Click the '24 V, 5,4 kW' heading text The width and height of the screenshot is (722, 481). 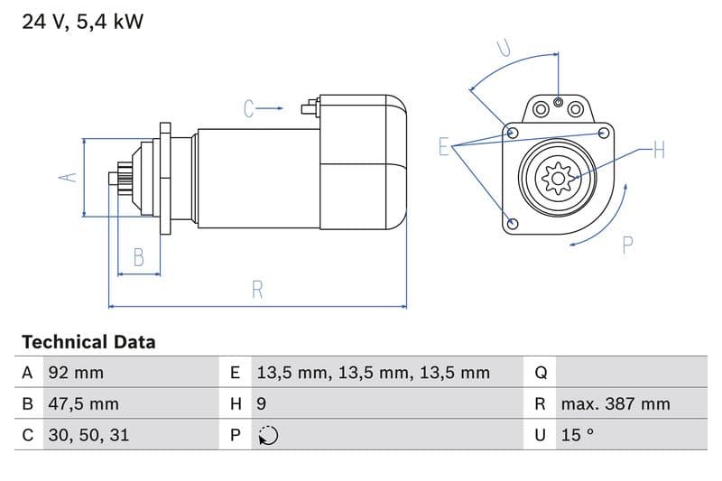(82, 22)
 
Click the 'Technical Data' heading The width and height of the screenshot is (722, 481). (88, 342)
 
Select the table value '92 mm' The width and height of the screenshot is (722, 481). (75, 373)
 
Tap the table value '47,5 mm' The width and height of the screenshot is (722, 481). (82, 403)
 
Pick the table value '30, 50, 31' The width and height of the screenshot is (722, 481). (88, 435)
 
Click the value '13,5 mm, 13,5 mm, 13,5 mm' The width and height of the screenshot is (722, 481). (373, 373)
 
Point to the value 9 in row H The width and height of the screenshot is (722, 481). (262, 403)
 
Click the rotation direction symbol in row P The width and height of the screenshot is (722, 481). (267, 436)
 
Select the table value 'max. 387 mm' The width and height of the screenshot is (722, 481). (616, 403)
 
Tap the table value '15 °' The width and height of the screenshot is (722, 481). (578, 435)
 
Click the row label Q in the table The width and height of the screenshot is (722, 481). (541, 373)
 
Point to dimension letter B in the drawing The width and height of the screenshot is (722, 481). (139, 257)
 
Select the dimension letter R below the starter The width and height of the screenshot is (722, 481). (257, 291)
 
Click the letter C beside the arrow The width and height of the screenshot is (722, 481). (250, 109)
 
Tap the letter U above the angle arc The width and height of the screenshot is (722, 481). (504, 49)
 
